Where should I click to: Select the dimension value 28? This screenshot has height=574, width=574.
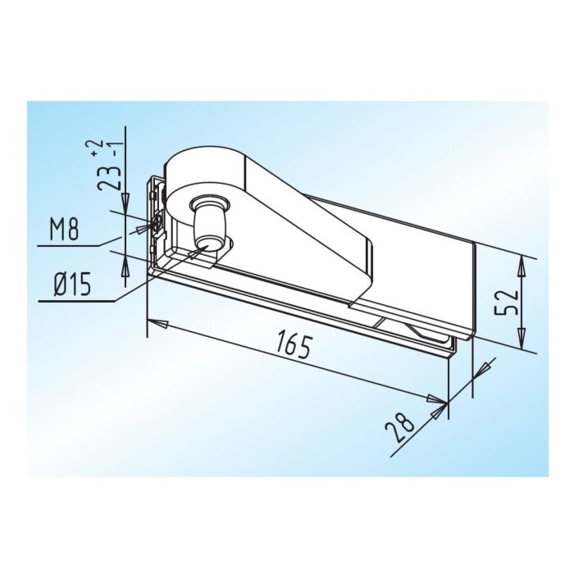tap(399, 426)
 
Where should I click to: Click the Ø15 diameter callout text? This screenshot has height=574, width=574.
tap(72, 285)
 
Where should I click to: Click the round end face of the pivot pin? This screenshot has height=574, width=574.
tap(206, 243)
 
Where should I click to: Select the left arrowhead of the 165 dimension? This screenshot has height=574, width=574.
tap(157, 323)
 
